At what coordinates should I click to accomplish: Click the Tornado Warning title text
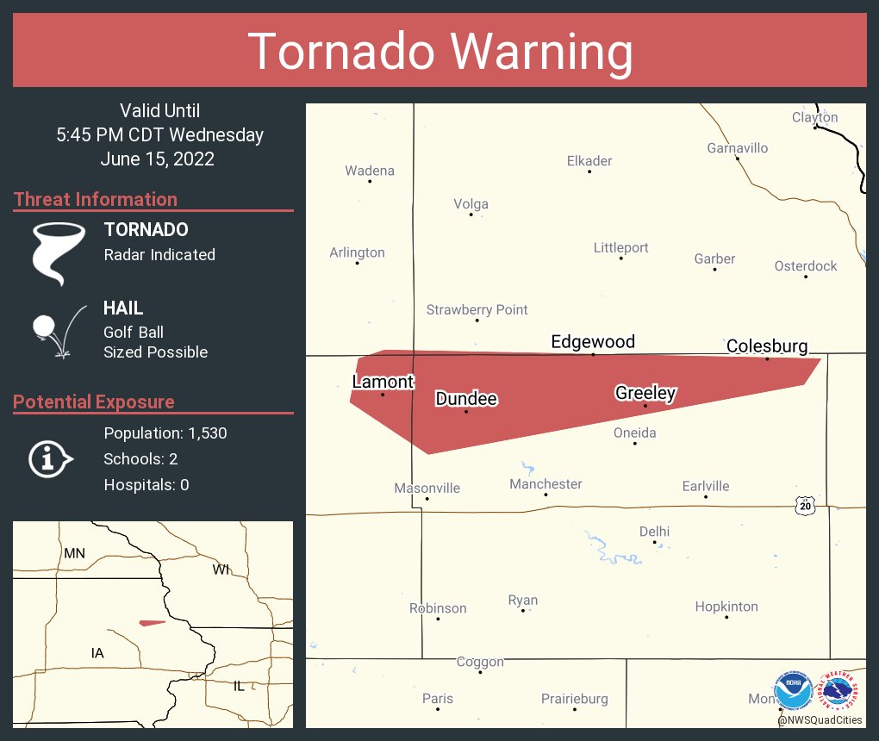click(x=439, y=52)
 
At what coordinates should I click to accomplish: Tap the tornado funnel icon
click(x=59, y=253)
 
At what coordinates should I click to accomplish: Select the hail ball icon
click(x=45, y=327)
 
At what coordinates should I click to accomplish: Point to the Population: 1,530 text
click(x=165, y=433)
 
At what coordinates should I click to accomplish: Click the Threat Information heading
click(x=96, y=200)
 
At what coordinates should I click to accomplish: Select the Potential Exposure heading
click(x=94, y=402)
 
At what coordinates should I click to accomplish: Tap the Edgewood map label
click(x=593, y=342)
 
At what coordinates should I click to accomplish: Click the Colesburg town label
click(x=767, y=346)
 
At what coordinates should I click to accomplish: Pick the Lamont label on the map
click(x=383, y=382)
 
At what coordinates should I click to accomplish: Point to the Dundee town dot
click(x=466, y=411)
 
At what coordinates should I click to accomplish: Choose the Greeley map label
click(x=645, y=394)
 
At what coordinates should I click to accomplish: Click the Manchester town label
click(x=545, y=484)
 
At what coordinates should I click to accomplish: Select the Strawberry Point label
click(x=477, y=310)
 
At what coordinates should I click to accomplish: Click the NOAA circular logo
click(x=793, y=690)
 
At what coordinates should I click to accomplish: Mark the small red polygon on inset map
click(x=152, y=622)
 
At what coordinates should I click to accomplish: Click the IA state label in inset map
click(x=97, y=653)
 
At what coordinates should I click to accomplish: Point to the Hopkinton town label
click(x=726, y=607)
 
